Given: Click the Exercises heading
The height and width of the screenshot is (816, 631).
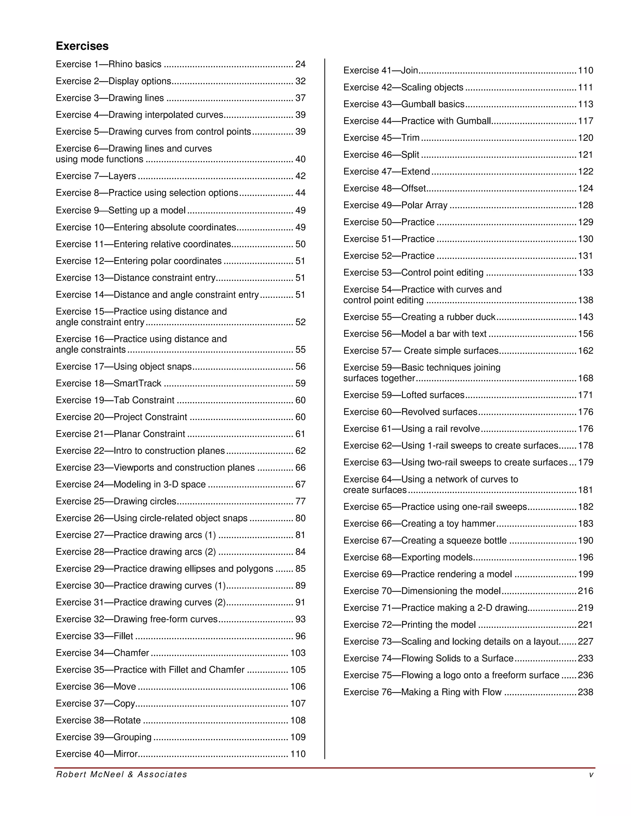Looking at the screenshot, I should (82, 46).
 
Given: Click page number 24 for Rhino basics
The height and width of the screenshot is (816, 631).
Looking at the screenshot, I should (300, 64).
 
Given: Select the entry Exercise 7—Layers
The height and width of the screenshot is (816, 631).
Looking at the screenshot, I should (96, 176).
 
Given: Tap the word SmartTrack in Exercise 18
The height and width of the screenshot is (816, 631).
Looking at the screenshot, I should (137, 383).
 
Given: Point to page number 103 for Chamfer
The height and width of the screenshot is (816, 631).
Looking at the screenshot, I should (298, 653).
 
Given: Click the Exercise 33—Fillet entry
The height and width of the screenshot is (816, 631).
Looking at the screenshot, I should (94, 636).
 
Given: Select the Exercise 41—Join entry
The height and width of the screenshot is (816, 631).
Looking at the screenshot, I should (380, 70).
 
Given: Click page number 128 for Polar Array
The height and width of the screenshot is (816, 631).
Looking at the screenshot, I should (585, 205).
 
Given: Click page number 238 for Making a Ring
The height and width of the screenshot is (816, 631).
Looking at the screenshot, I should (585, 692).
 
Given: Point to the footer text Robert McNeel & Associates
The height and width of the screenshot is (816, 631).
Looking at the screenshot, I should (121, 774).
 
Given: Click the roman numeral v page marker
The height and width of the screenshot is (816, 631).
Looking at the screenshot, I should (591, 774).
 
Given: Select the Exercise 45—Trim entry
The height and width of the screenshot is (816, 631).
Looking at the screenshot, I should (381, 138).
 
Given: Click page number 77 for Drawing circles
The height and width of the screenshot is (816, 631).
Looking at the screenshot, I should (300, 501).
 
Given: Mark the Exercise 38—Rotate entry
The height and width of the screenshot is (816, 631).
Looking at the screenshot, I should (98, 720).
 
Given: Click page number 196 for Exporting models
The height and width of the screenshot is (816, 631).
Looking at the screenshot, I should (585, 557).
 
